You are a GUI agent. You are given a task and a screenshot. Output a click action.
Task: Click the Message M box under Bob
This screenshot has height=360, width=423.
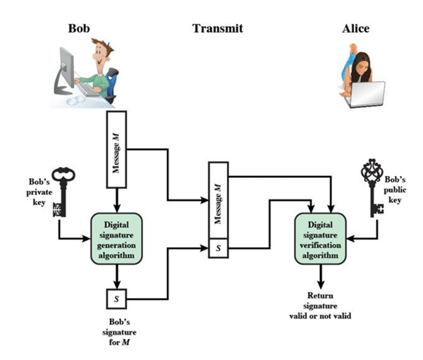[116, 148]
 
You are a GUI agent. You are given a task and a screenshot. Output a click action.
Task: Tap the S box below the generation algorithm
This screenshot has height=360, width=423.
[116, 299]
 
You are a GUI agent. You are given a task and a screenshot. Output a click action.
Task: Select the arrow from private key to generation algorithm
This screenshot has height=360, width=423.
[73, 235]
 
